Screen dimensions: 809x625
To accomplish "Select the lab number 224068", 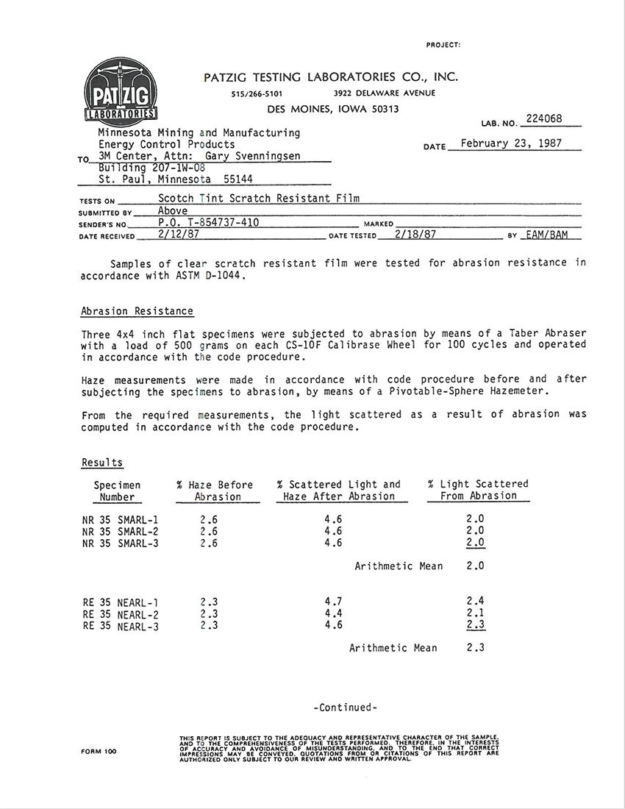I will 544,118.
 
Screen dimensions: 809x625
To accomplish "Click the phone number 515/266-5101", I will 257,93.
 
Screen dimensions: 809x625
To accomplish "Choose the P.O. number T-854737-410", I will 208,222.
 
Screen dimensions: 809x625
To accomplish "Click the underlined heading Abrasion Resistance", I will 137,311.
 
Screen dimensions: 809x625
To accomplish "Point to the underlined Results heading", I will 102,463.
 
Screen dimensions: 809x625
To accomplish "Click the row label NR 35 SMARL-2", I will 121,531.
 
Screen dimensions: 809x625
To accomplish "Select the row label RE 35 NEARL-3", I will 121,627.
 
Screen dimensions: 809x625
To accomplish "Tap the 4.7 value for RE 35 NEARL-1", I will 333,602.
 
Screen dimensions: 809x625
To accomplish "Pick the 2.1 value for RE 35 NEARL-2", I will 475,613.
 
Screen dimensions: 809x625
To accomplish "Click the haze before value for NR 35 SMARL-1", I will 208,518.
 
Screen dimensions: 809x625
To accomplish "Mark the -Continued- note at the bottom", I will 345,708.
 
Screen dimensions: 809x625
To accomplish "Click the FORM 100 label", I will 99,751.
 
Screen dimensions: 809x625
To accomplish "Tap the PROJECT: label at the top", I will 443,45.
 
